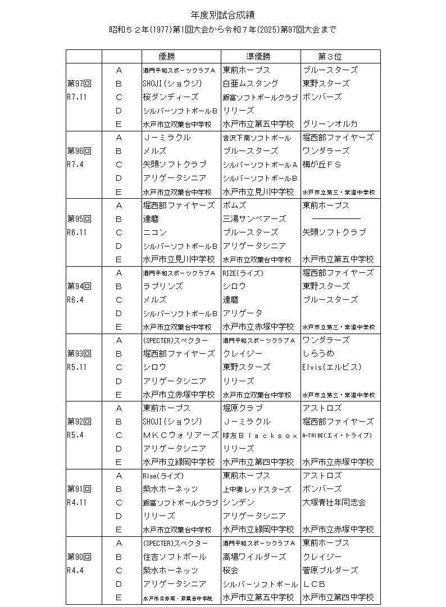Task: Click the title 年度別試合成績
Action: [223, 15]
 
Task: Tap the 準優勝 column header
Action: [258, 57]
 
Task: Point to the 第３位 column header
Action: [330, 57]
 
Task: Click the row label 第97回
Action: [79, 84]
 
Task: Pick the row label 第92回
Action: [79, 422]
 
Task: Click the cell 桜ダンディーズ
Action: [171, 97]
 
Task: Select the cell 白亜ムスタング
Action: [250, 84]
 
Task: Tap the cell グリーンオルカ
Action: [330, 124]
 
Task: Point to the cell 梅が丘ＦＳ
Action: [322, 165]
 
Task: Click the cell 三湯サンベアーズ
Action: [254, 219]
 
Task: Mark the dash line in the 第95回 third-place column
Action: [336, 219]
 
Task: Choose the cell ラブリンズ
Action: [163, 286]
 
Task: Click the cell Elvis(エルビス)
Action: [331, 368]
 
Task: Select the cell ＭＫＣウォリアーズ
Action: [180, 435]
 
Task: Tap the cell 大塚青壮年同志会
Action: [334, 503]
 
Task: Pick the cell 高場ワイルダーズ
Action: [254, 557]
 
